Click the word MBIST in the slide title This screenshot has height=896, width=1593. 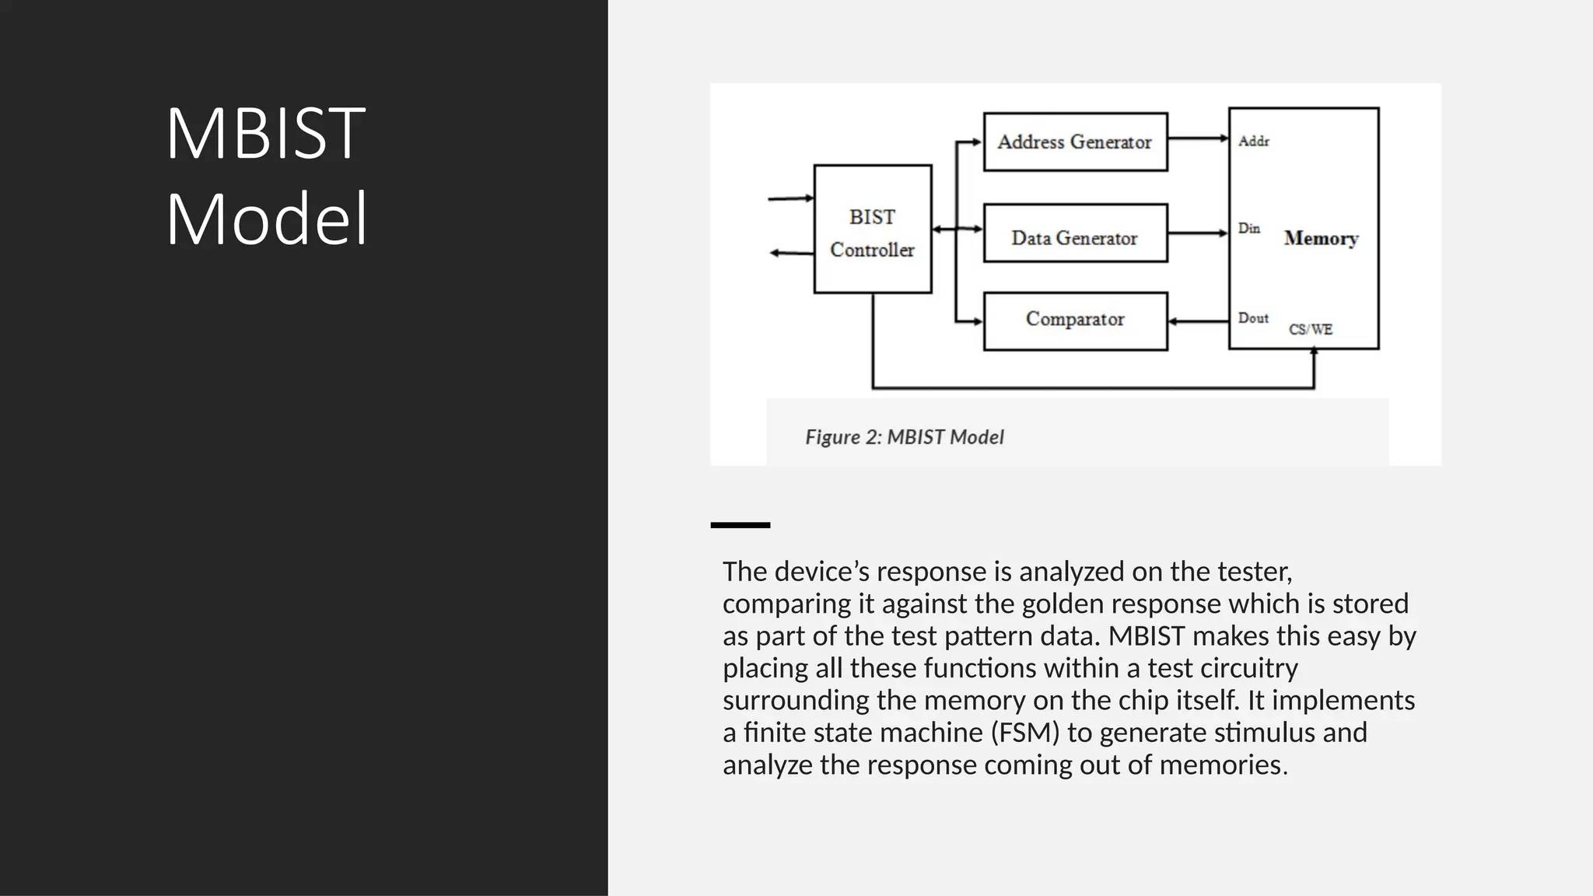(265, 134)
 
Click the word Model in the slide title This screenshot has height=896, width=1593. (267, 219)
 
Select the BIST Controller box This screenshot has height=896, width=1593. (872, 229)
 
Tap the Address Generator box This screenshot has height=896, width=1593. (1075, 142)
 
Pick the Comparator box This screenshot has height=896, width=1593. (1075, 320)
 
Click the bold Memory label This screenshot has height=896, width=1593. (1321, 238)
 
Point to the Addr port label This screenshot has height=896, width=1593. (1254, 142)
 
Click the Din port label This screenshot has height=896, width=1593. (1249, 229)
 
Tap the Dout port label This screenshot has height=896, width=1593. (1253, 318)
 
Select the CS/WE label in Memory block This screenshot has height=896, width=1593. (1311, 330)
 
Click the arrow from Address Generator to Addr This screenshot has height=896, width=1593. (1198, 139)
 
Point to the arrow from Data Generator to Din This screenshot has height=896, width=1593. (1198, 233)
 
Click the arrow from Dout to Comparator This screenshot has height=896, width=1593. (1198, 321)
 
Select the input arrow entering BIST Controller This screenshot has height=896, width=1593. (790, 198)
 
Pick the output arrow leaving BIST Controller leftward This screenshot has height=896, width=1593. (790, 253)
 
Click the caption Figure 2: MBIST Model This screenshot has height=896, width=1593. (904, 437)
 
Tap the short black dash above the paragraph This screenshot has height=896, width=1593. (740, 525)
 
